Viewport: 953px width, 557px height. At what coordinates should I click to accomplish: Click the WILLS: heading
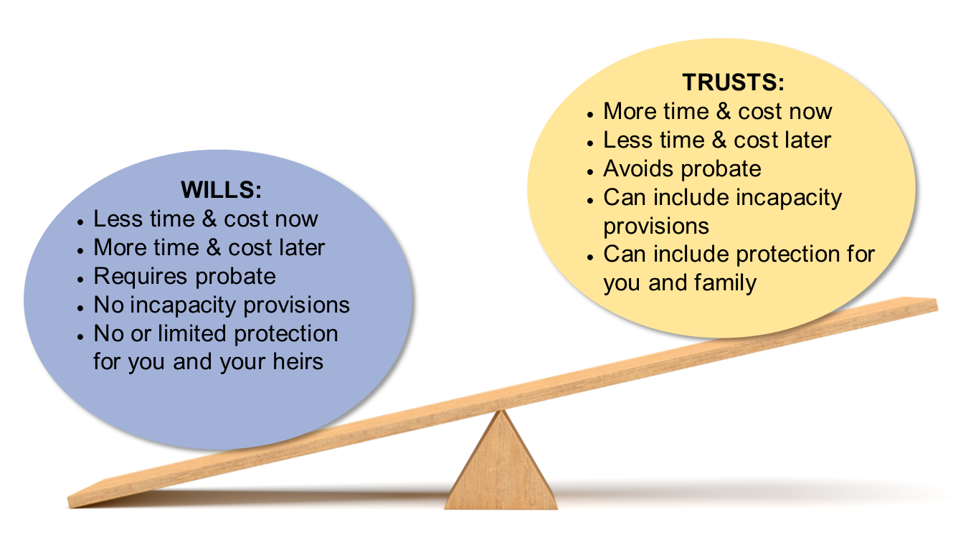[221, 190]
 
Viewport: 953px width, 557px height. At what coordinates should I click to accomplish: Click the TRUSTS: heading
[733, 82]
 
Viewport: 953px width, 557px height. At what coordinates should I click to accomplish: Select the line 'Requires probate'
[184, 277]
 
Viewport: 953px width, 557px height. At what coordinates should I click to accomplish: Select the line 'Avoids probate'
[682, 169]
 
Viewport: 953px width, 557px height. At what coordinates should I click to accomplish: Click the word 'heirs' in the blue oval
[298, 362]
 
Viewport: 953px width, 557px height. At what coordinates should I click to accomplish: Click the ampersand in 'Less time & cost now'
[209, 219]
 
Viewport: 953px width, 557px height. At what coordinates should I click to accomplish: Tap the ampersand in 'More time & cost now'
[724, 111]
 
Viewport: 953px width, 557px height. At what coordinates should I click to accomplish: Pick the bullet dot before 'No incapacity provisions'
[80, 308]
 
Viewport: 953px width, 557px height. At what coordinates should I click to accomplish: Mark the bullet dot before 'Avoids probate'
[589, 172]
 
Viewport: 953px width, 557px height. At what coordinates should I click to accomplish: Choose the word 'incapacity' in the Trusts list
[790, 199]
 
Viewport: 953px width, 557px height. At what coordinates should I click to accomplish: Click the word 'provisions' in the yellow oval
[656, 227]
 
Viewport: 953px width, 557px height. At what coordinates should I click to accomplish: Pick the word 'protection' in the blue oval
[286, 334]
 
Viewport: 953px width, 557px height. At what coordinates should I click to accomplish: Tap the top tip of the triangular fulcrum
[502, 411]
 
